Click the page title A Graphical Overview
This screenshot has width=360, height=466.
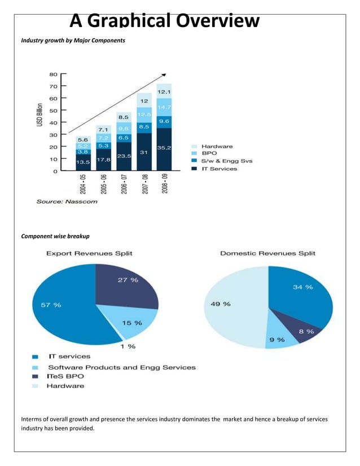(x=165, y=21)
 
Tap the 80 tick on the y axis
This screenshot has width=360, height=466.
(x=53, y=74)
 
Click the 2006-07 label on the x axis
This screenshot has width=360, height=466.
(x=124, y=183)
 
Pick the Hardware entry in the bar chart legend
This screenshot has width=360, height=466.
(x=217, y=146)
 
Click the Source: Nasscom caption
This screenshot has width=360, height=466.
(x=67, y=201)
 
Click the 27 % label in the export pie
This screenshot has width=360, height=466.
(x=128, y=280)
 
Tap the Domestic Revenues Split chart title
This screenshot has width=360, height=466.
(x=267, y=253)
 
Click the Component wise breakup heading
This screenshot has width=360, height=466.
(x=55, y=235)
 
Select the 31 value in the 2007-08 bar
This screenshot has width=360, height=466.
(x=144, y=152)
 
